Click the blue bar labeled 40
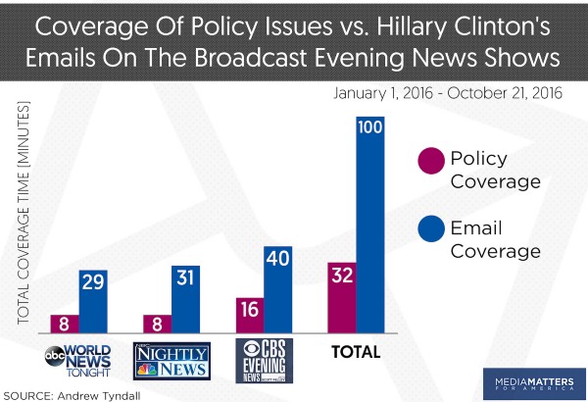tap(278, 290)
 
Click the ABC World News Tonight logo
tap(79, 360)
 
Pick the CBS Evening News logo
tap(264, 360)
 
